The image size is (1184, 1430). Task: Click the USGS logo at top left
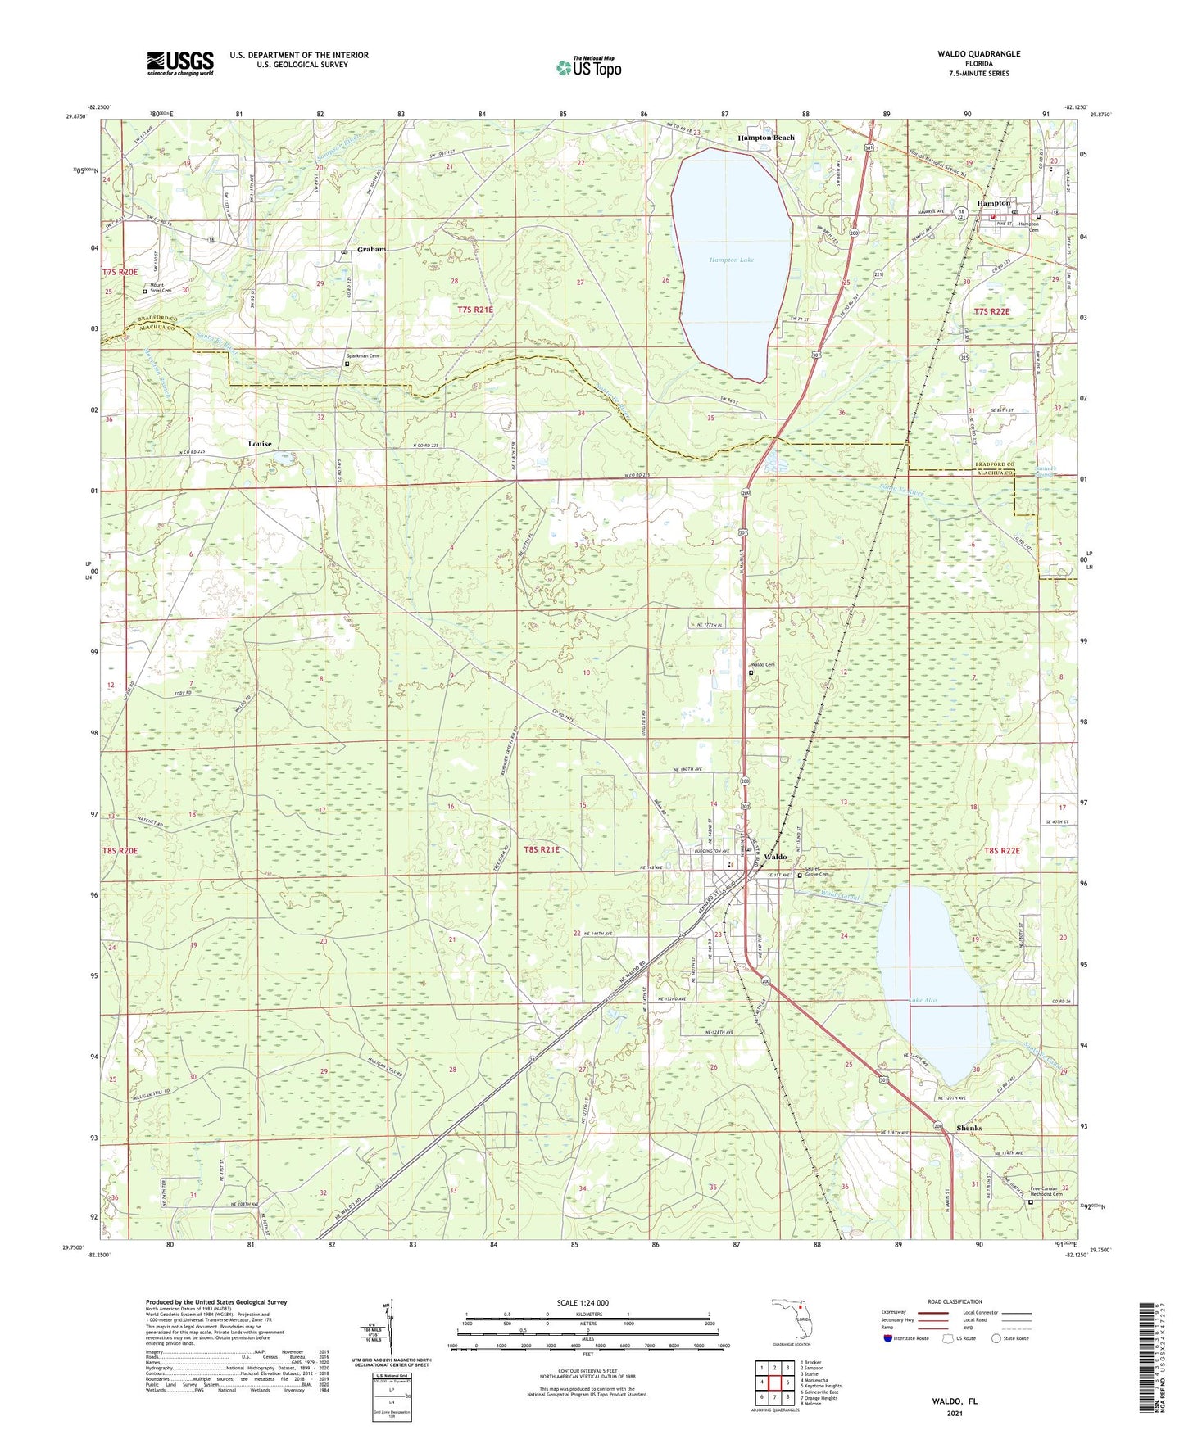(180, 63)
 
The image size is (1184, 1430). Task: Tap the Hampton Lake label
(732, 260)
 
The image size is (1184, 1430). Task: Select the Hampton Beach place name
(766, 138)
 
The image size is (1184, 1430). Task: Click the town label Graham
(371, 249)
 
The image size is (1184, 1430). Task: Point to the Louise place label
(260, 443)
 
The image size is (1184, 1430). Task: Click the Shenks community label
(969, 1128)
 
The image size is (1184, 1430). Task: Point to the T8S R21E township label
(542, 850)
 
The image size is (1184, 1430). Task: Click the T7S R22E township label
(992, 311)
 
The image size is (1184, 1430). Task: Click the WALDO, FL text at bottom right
(954, 1401)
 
